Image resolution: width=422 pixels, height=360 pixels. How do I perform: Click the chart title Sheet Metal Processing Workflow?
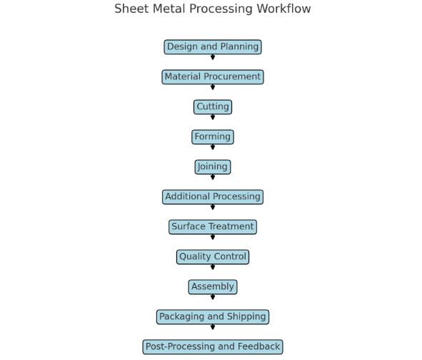(x=212, y=9)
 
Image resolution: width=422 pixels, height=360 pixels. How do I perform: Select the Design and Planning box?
(x=212, y=47)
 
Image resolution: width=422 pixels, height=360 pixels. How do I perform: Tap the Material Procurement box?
(x=212, y=77)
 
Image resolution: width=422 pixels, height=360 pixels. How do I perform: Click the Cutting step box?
(x=212, y=107)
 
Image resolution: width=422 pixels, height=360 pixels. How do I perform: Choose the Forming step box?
(x=212, y=137)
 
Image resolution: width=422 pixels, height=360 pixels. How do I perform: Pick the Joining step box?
(x=212, y=167)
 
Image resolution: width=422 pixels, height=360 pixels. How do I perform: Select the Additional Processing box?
(x=212, y=197)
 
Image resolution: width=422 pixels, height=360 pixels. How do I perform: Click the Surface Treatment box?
(x=212, y=227)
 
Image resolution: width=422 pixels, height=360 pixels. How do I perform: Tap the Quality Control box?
(x=212, y=257)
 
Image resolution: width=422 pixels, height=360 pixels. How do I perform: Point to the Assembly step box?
(x=212, y=287)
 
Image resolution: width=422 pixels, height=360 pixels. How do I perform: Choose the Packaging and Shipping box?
(x=212, y=317)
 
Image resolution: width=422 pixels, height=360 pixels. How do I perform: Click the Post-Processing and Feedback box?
(x=212, y=347)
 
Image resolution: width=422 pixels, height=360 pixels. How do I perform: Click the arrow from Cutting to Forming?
(x=212, y=118)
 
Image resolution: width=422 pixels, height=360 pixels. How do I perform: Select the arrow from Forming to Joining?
(x=212, y=148)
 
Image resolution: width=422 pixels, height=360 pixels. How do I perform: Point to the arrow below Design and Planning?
(x=212, y=58)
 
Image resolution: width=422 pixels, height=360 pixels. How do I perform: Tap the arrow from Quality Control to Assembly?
(x=212, y=268)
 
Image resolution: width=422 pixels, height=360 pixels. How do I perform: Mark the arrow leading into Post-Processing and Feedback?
(x=212, y=328)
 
